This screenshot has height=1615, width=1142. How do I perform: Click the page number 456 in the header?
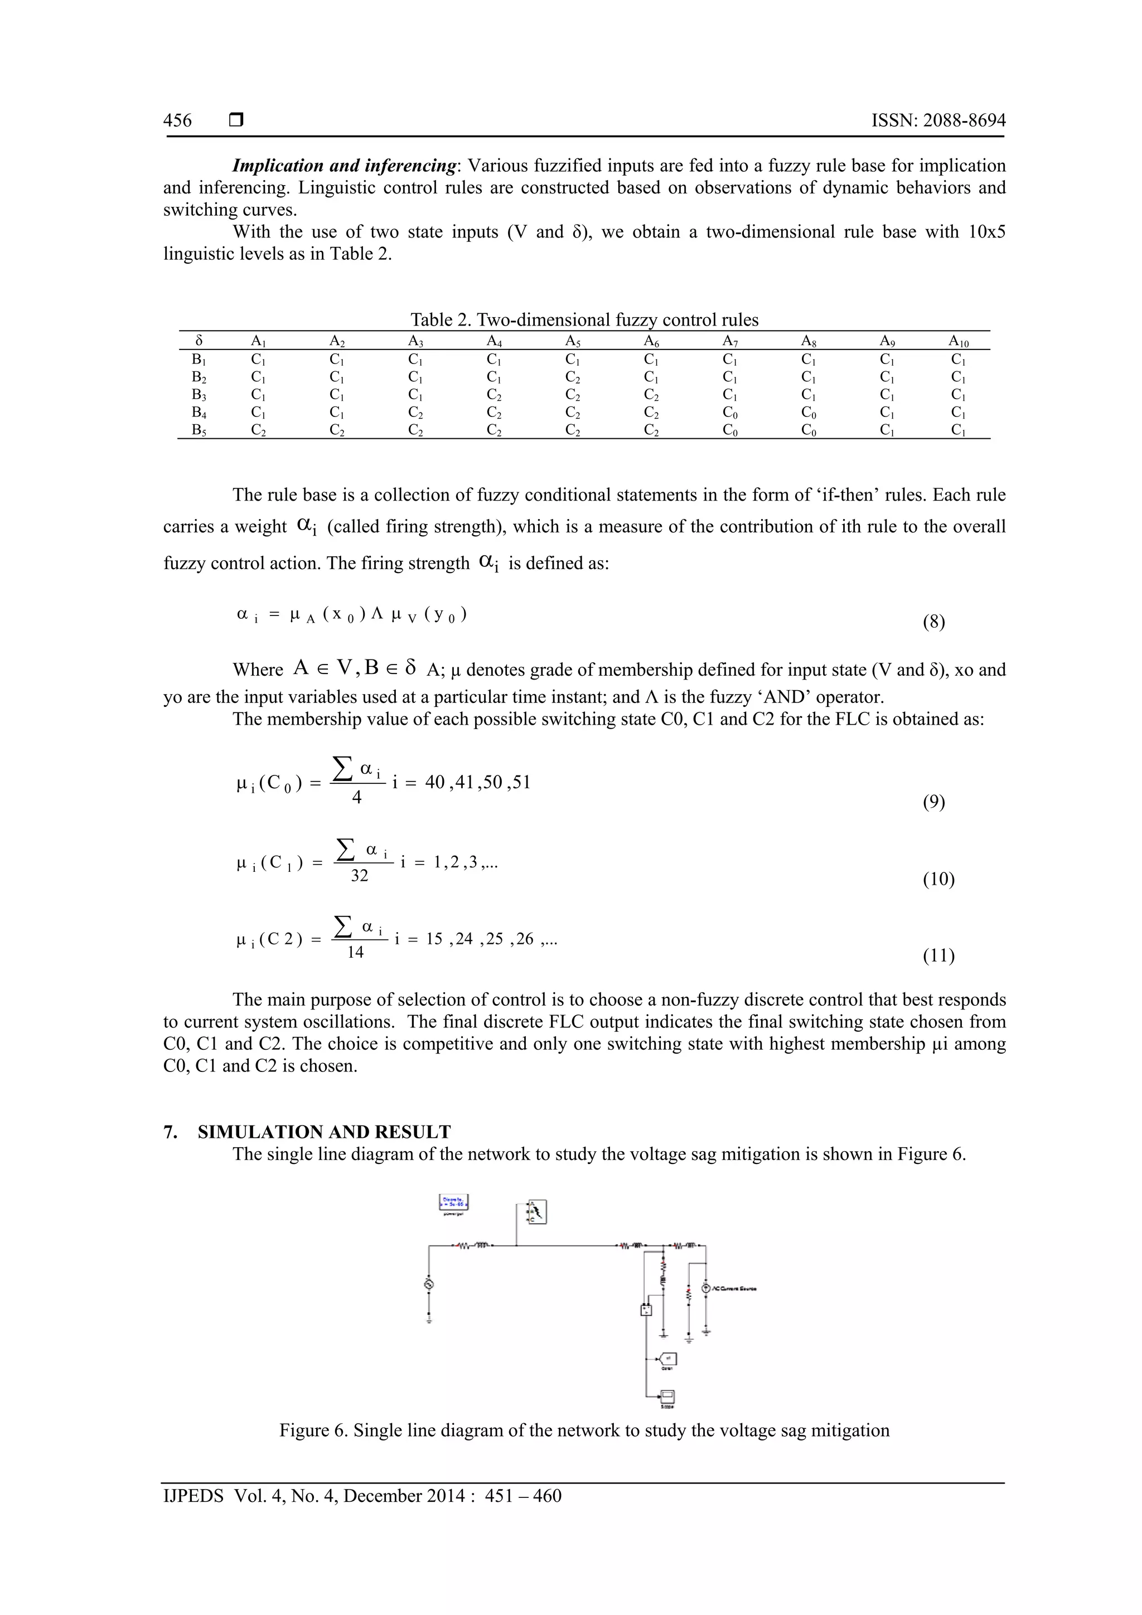(177, 121)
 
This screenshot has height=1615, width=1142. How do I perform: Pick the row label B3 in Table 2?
(199, 395)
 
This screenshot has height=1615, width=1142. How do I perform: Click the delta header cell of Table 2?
(199, 341)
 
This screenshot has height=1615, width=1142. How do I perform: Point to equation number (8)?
(933, 622)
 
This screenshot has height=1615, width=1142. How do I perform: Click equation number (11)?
(938, 955)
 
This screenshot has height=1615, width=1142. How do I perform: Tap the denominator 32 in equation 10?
(359, 876)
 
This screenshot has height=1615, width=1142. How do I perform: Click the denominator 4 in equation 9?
(357, 798)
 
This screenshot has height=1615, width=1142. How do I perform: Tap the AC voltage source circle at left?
(428, 1284)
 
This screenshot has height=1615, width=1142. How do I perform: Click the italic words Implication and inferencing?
(344, 166)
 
